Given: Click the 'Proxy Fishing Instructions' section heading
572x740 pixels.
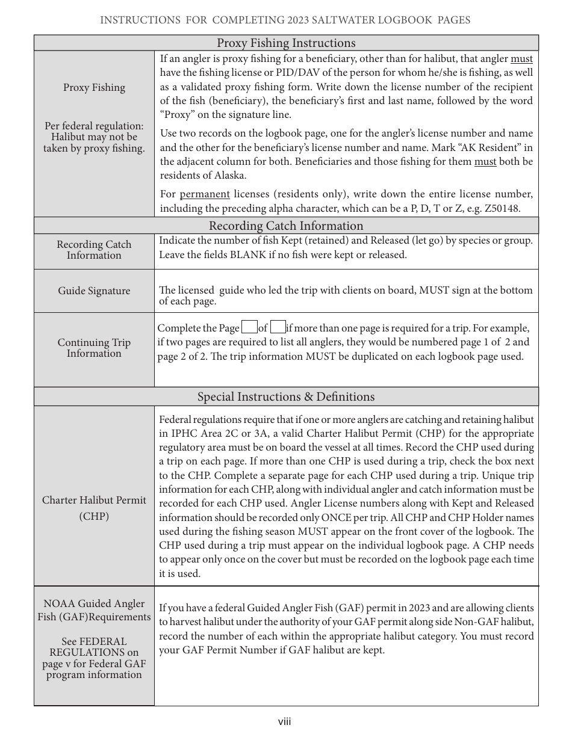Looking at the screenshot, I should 286,43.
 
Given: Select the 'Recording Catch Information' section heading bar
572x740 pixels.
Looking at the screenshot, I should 286,226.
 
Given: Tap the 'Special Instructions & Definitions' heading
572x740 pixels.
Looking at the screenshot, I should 286,396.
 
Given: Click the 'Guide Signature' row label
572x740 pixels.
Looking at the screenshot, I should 94,291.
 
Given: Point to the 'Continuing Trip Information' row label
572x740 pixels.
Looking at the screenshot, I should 94,348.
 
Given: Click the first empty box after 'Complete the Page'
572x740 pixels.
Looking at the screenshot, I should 249,328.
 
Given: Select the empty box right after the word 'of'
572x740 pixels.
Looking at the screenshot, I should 278,328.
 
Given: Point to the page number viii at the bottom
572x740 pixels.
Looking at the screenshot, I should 285,721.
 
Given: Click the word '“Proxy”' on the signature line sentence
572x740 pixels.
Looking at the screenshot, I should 175,115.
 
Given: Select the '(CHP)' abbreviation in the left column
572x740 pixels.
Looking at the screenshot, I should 94,516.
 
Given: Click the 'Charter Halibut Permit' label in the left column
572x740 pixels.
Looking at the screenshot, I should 94,500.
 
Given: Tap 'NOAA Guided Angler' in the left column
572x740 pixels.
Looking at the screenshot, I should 94,603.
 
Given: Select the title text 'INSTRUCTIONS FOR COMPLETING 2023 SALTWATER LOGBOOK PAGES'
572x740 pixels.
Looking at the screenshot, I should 285,20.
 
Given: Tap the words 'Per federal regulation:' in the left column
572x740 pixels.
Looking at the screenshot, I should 94,126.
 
